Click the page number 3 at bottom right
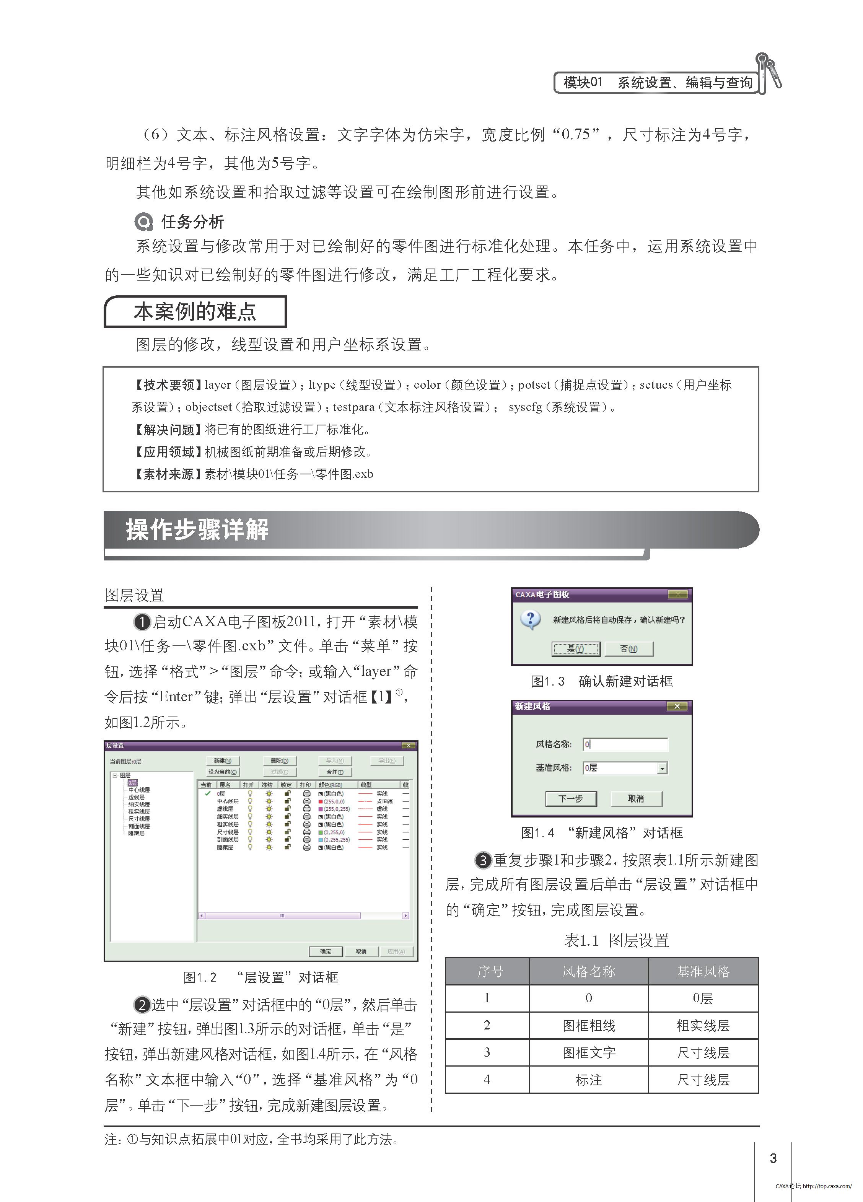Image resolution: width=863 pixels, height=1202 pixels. pyautogui.click(x=773, y=1158)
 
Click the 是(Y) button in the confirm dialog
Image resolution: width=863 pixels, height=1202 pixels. pyautogui.click(x=576, y=649)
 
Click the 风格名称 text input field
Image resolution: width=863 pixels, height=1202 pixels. pyautogui.click(x=625, y=744)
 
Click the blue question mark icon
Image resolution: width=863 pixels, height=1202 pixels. pyautogui.click(x=530, y=619)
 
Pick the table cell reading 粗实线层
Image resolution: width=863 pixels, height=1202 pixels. pyautogui.click(x=703, y=1026)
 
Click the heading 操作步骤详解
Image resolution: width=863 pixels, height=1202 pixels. pyautogui.click(x=197, y=529)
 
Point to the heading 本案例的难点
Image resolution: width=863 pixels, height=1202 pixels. pyautogui.click(x=195, y=312)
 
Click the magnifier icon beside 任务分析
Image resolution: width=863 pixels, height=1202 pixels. pyautogui.click(x=143, y=222)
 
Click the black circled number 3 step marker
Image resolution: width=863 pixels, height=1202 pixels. pyautogui.click(x=483, y=860)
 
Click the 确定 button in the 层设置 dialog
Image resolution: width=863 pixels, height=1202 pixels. pyautogui.click(x=326, y=951)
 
